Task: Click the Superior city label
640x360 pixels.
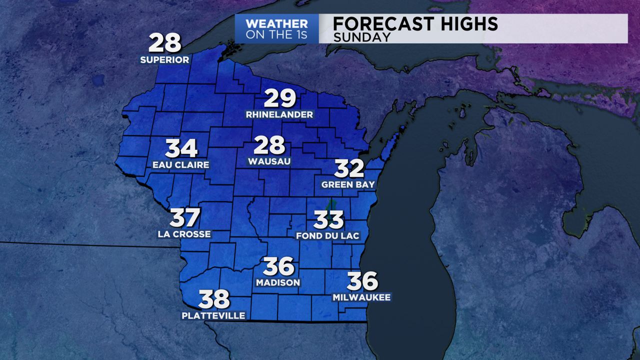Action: coord(164,60)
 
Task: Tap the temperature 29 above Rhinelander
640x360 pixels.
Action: coord(280,98)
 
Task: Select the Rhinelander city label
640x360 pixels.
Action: coord(279,114)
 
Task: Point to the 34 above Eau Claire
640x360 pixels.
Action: coord(181,148)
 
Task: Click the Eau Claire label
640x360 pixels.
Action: coord(181,164)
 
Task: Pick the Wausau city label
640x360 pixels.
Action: coord(269,161)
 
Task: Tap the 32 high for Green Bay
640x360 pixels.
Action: coord(349,168)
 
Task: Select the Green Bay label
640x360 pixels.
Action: coord(348,184)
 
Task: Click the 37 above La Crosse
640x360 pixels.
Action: coord(184,217)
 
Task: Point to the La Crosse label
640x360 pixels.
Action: coord(184,234)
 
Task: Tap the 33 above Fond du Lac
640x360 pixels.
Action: coord(328,219)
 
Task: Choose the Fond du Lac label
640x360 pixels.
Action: coord(328,236)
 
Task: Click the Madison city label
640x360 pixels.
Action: coord(278,282)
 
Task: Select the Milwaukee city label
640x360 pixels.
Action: coord(361,297)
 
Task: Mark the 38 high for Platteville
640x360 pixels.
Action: coord(214,299)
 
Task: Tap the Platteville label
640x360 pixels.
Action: coord(213,315)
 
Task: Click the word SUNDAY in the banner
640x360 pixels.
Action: coord(361,37)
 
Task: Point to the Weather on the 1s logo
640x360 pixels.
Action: coord(277,29)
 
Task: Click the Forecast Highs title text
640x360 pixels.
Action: coord(415,24)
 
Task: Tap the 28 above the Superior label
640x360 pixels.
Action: coord(164,43)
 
